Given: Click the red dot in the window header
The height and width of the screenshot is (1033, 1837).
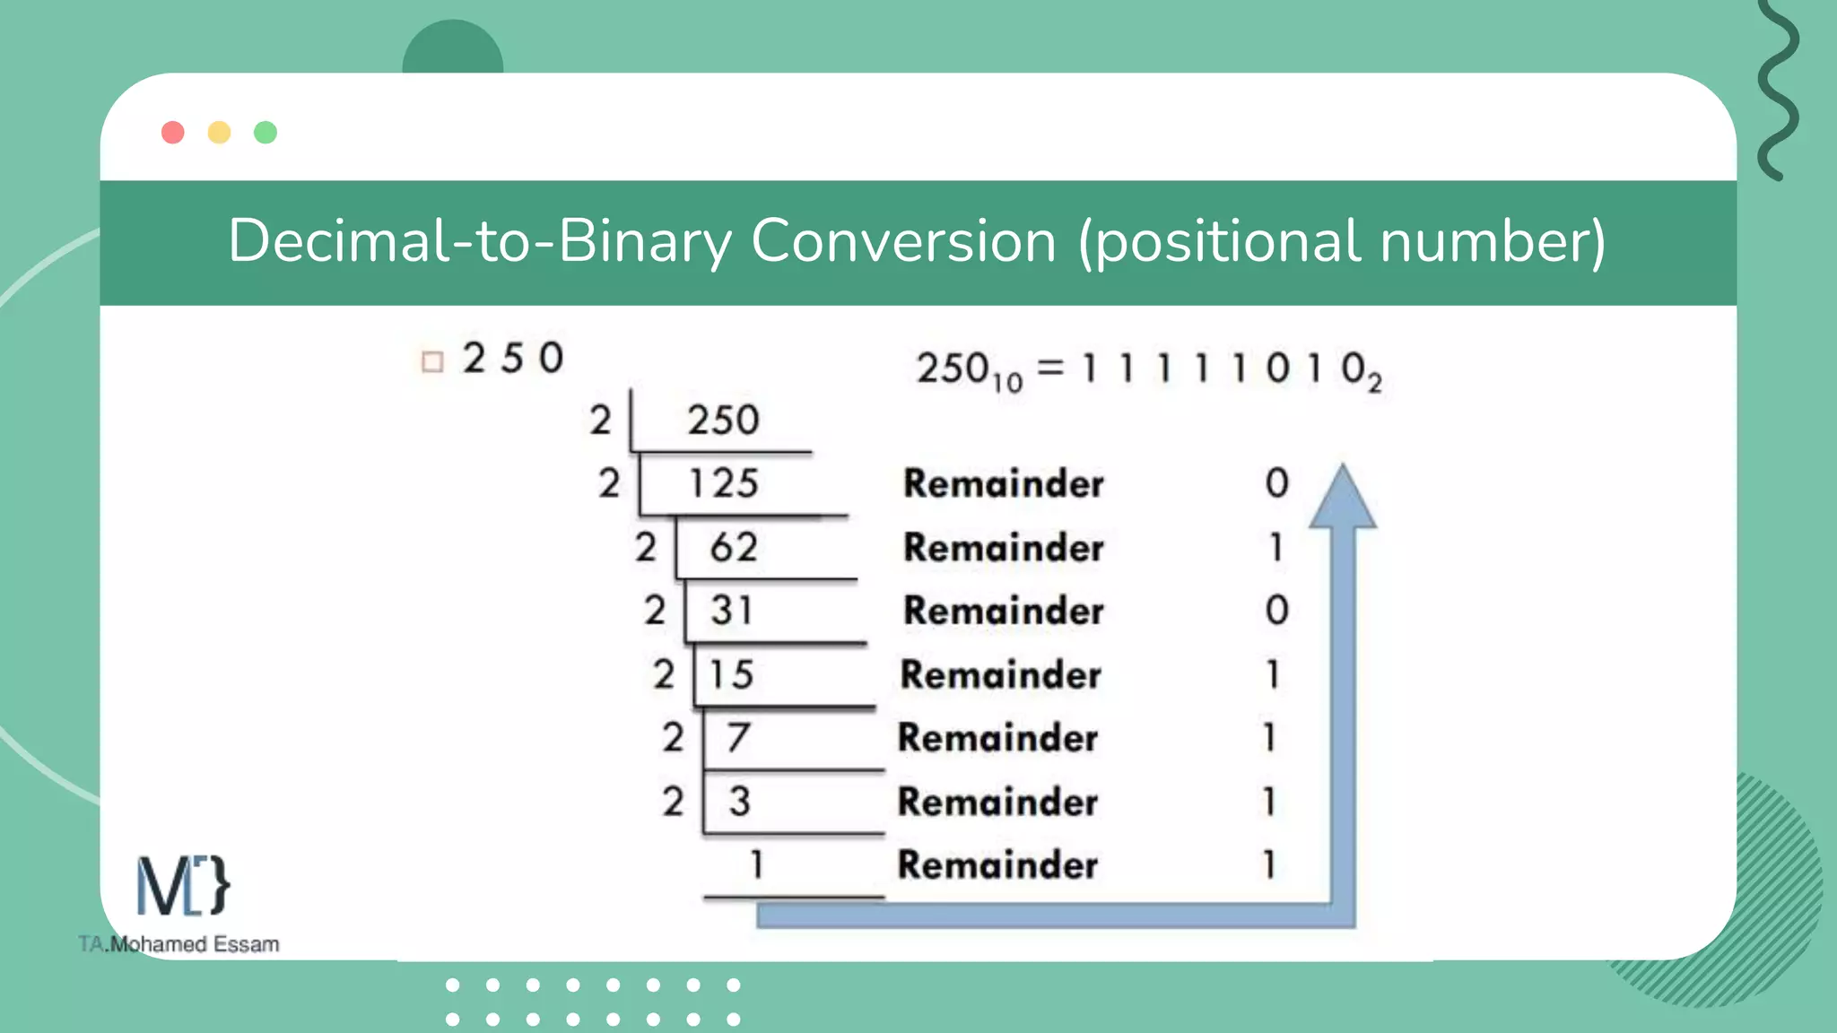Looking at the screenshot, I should (x=173, y=133).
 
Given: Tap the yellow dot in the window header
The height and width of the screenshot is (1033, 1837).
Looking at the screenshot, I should (x=219, y=133).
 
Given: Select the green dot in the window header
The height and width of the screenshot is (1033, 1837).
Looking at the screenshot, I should (x=266, y=133).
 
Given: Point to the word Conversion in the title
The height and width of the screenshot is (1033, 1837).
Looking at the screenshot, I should (x=903, y=241).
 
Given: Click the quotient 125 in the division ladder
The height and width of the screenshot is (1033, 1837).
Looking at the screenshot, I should (x=724, y=484).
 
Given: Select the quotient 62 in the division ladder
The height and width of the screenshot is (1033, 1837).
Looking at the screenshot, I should (x=733, y=548).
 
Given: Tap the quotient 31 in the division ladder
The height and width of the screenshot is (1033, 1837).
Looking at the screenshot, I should (x=731, y=611).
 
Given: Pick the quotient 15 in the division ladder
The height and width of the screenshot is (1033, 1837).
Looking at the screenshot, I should (x=731, y=674).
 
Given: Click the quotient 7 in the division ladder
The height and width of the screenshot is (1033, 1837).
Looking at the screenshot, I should (x=737, y=738).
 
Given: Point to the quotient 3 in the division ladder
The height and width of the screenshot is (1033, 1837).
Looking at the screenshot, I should (x=739, y=802).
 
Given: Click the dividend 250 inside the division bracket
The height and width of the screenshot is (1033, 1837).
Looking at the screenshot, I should (x=723, y=421).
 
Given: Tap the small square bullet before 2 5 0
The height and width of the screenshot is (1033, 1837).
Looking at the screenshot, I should (x=432, y=361).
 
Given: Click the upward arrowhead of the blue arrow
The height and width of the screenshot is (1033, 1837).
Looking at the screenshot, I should (x=1342, y=499).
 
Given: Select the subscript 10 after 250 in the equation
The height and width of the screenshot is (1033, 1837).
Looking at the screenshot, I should (x=1007, y=383).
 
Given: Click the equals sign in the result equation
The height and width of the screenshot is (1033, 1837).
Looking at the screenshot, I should (x=1050, y=368).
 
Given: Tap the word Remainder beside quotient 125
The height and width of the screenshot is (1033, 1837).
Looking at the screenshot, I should (x=1003, y=484).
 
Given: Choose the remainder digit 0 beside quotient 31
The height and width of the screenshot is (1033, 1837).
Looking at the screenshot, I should (x=1276, y=611).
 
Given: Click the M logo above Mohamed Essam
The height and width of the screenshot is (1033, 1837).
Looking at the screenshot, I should (x=182, y=886).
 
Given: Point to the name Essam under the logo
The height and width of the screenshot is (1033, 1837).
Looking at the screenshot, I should (x=246, y=944).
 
